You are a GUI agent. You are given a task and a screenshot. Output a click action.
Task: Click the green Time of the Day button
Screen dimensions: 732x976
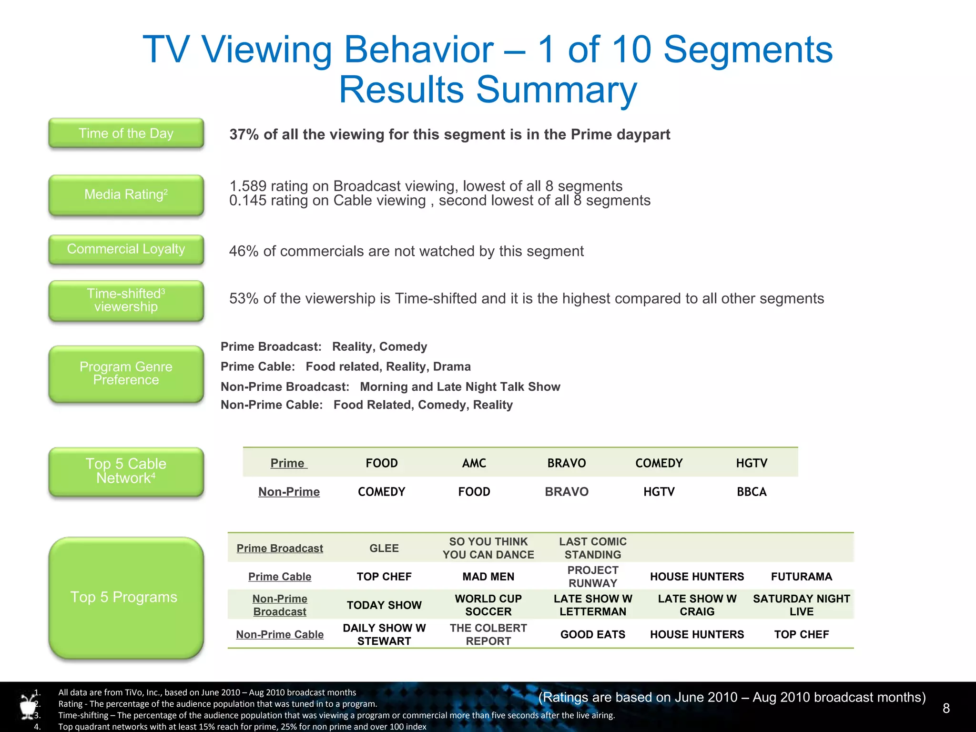click(126, 133)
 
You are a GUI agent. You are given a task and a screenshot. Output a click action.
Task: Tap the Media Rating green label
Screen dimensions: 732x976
click(126, 195)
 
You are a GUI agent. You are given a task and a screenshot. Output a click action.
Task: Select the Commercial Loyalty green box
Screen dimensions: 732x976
click(126, 249)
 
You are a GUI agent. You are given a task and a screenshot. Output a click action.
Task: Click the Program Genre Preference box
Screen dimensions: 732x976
click(126, 374)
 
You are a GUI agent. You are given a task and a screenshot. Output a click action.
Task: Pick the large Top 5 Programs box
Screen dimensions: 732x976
click(126, 598)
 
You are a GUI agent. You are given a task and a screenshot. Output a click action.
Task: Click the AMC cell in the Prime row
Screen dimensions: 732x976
click(474, 463)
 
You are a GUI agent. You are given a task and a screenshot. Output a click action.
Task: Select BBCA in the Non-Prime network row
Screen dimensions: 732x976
click(752, 492)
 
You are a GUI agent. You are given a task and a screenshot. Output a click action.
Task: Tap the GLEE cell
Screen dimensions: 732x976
click(384, 549)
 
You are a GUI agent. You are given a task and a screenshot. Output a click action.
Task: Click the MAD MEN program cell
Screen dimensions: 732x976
click(488, 577)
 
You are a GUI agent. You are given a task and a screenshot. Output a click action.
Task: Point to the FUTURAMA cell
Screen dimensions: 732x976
click(802, 577)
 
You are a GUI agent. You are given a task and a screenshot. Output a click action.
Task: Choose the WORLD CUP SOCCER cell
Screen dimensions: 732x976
click(488, 605)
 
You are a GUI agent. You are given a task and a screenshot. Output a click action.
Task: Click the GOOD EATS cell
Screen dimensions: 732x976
click(593, 635)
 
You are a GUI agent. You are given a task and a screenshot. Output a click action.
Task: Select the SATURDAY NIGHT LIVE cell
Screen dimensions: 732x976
click(802, 605)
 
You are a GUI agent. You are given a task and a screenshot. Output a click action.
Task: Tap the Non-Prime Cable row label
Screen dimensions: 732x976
click(280, 635)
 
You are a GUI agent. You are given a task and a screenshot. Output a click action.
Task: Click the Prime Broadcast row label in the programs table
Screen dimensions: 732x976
click(280, 549)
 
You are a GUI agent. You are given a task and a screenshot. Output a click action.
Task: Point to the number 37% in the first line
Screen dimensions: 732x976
click(244, 135)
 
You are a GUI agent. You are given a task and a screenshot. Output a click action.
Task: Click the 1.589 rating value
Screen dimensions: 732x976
click(248, 186)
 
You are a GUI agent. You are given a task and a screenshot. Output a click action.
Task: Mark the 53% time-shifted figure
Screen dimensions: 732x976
click(244, 299)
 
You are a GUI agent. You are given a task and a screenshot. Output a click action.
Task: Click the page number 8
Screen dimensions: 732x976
click(946, 709)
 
